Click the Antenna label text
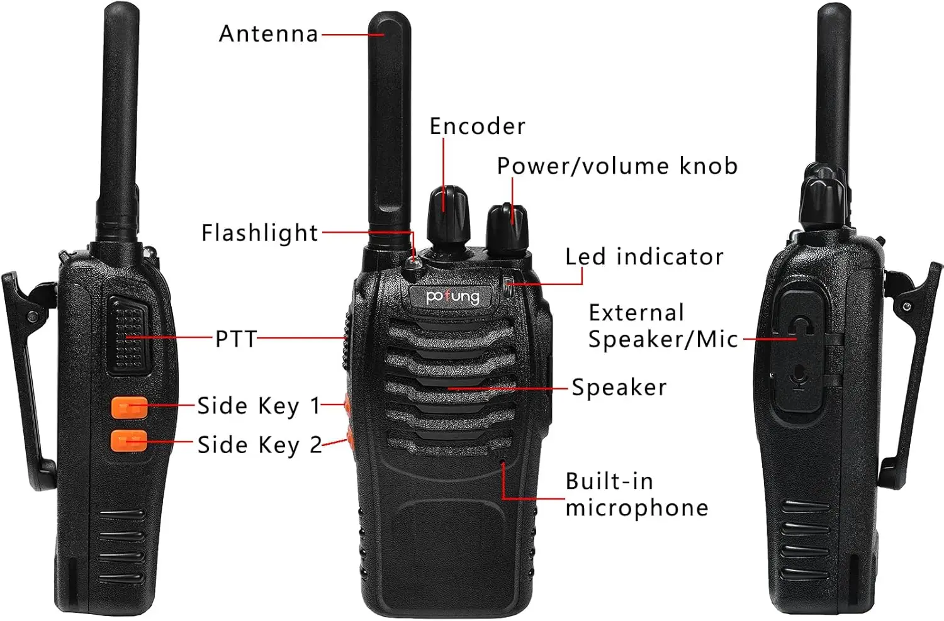coord(269,34)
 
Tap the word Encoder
coord(478,126)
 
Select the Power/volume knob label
coord(617,165)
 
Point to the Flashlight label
coord(259,233)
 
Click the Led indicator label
coord(644,257)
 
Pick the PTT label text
coord(235,338)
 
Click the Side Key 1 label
coord(258,406)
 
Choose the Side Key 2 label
coord(259,445)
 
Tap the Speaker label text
coord(619,388)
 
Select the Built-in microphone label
coord(637,494)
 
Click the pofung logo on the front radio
coord(452,296)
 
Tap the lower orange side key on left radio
coord(129,440)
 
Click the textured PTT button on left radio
coord(128,336)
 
